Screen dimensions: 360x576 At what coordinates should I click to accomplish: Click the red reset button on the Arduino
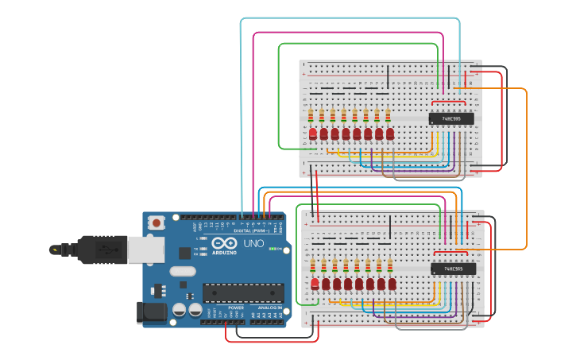point(157,223)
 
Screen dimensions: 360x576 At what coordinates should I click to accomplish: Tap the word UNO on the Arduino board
point(253,243)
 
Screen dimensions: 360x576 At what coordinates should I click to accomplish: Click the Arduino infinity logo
point(224,243)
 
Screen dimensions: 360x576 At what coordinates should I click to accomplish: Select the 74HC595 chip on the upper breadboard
point(451,118)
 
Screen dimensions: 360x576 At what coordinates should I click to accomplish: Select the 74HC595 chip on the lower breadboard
point(453,269)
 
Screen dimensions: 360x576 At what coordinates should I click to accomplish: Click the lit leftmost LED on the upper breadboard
point(313,133)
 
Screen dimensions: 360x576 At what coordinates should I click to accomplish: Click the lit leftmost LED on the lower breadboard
point(315,283)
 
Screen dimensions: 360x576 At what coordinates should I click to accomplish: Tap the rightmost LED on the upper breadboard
point(390,133)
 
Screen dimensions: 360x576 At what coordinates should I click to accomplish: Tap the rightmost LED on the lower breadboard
point(392,283)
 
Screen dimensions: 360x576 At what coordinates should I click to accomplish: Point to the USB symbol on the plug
point(55,250)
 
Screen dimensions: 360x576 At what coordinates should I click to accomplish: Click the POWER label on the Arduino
point(236,308)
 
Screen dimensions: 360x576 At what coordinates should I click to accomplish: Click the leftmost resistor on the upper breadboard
point(311,116)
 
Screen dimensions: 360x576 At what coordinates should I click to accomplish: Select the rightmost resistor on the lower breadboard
point(390,265)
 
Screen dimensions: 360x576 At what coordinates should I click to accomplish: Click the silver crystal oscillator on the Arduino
point(182,270)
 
